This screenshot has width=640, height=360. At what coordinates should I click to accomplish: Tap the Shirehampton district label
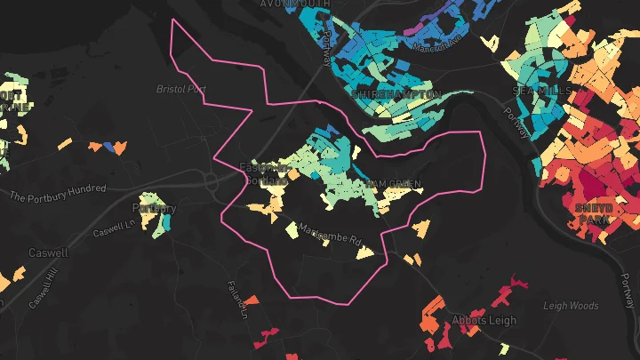pyautogui.click(x=396, y=93)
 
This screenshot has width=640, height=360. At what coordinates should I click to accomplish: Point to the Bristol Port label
pyautogui.click(x=180, y=90)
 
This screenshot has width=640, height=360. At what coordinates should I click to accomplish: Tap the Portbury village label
pyautogui.click(x=154, y=209)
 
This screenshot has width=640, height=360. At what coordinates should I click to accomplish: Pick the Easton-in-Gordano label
pyautogui.click(x=263, y=172)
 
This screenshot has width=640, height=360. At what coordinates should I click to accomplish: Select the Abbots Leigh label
pyautogui.click(x=479, y=320)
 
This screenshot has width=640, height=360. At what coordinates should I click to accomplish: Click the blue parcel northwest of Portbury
pyautogui.click(x=110, y=146)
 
